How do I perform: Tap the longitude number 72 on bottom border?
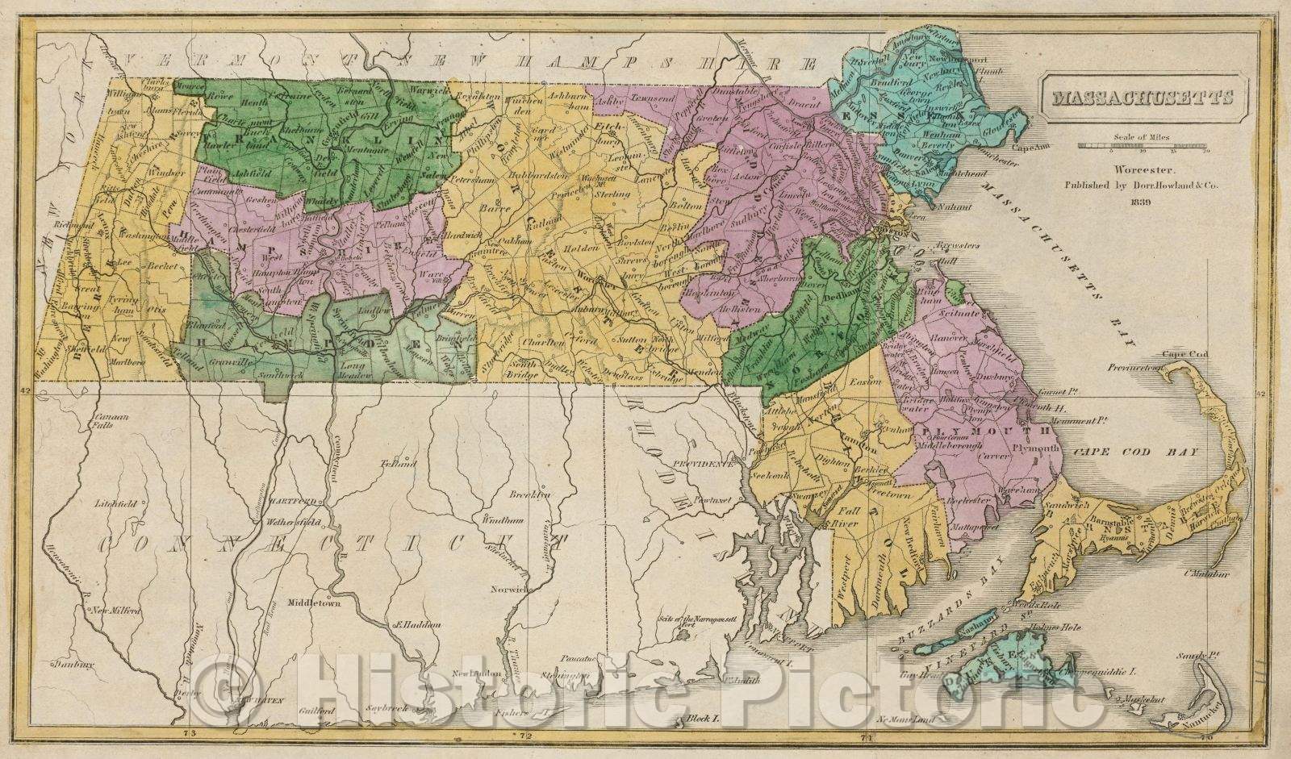(x=525, y=736)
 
